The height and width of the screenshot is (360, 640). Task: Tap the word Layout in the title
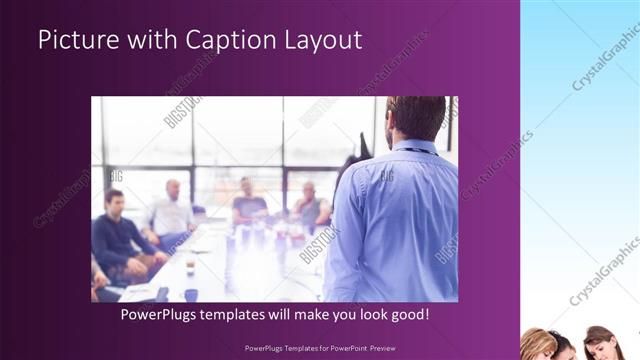click(x=321, y=40)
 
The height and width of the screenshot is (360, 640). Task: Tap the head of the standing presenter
click(x=413, y=119)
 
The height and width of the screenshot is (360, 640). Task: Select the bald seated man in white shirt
click(x=173, y=212)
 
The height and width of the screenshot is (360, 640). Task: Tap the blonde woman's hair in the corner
click(x=538, y=342)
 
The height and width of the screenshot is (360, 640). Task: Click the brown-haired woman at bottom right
click(x=599, y=343)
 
